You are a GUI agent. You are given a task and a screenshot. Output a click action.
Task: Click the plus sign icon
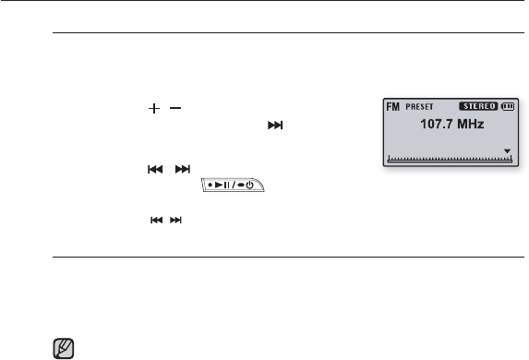[154, 108]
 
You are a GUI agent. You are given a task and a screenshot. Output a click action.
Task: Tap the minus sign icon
[175, 108]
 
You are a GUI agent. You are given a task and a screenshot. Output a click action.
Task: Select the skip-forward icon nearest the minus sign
[275, 126]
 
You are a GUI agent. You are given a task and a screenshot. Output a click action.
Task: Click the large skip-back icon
[155, 169]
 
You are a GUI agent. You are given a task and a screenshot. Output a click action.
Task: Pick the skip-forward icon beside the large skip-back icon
[183, 169]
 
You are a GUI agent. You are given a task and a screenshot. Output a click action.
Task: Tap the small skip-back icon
[157, 221]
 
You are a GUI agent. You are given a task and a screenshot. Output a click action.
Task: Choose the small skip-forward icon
[175, 221]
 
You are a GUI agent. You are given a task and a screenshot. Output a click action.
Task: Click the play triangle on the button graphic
[219, 185]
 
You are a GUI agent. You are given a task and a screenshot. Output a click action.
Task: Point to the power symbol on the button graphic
[249, 186]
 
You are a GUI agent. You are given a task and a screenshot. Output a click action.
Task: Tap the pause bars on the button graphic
[227, 185]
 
